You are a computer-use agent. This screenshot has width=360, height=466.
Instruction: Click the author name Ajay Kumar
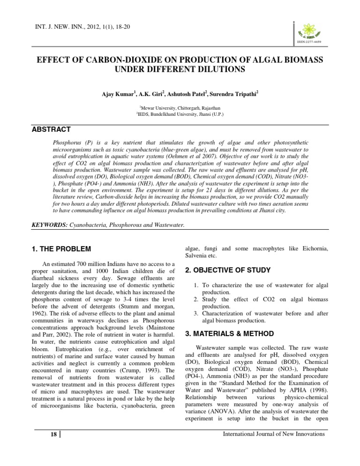pyautogui.click(x=119, y=94)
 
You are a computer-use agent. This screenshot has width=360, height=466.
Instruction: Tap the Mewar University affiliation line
pyautogui.click(x=180, y=108)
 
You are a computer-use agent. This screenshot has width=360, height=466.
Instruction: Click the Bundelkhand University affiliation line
pyautogui.click(x=180, y=114)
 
